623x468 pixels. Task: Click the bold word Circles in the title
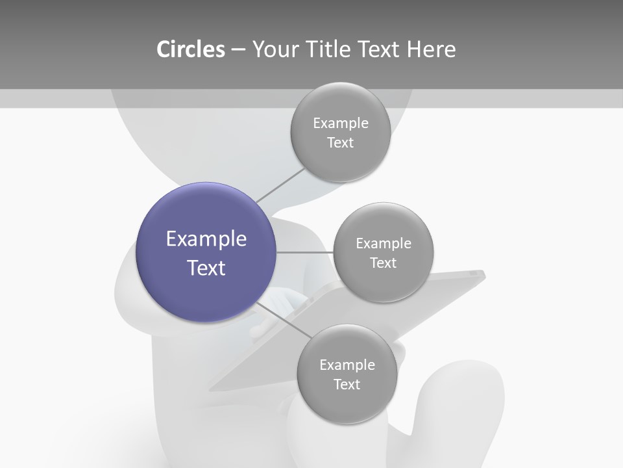pos(191,49)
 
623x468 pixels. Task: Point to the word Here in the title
pos(431,49)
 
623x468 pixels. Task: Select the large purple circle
pos(206,252)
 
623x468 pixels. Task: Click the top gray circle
pos(340,132)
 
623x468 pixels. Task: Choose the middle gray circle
pos(383,252)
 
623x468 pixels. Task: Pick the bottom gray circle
pos(347,374)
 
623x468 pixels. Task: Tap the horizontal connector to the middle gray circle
pos(304,252)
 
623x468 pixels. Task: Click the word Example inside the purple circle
pos(206,239)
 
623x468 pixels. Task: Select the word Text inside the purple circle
pos(206,268)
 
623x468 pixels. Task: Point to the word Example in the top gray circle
pos(340,123)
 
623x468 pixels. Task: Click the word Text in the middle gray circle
pos(383,263)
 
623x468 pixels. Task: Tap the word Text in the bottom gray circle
pos(347,384)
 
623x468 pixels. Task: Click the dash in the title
pos(238,49)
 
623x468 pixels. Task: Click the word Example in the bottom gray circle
pos(347,365)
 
